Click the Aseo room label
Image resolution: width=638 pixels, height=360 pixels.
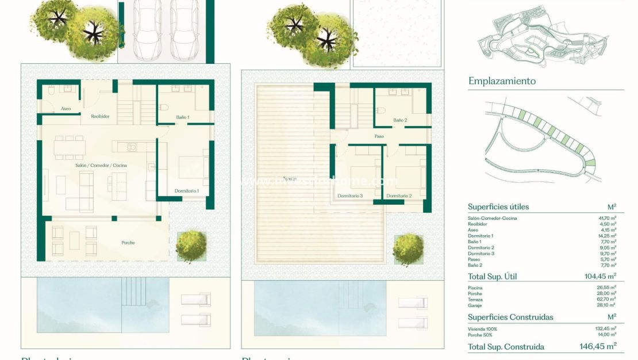tap(66, 109)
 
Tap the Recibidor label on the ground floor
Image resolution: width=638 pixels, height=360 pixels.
tap(100, 116)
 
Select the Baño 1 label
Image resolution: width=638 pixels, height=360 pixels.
tap(183, 117)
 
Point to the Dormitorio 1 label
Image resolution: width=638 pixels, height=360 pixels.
tap(186, 191)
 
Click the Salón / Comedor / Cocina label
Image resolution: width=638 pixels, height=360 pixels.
tap(101, 166)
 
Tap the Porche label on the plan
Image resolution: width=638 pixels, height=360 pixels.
tap(128, 243)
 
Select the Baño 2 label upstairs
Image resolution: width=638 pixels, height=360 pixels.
tap(400, 120)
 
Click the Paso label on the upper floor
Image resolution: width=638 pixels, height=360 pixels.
tap(379, 136)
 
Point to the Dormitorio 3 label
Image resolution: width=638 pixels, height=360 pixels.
tap(350, 196)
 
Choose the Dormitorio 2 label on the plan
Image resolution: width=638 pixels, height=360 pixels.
tap(399, 196)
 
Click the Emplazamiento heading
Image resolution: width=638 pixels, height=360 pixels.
tap(502, 81)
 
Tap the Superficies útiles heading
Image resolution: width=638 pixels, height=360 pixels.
tap(498, 207)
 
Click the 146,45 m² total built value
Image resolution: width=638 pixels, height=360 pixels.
tap(598, 346)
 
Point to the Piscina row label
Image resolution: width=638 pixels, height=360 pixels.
tap(475, 288)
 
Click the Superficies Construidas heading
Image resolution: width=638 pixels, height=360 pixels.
tap(510, 317)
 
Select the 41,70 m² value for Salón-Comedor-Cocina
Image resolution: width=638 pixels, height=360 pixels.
tap(607, 219)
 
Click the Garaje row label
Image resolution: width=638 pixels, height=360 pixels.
tap(475, 305)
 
